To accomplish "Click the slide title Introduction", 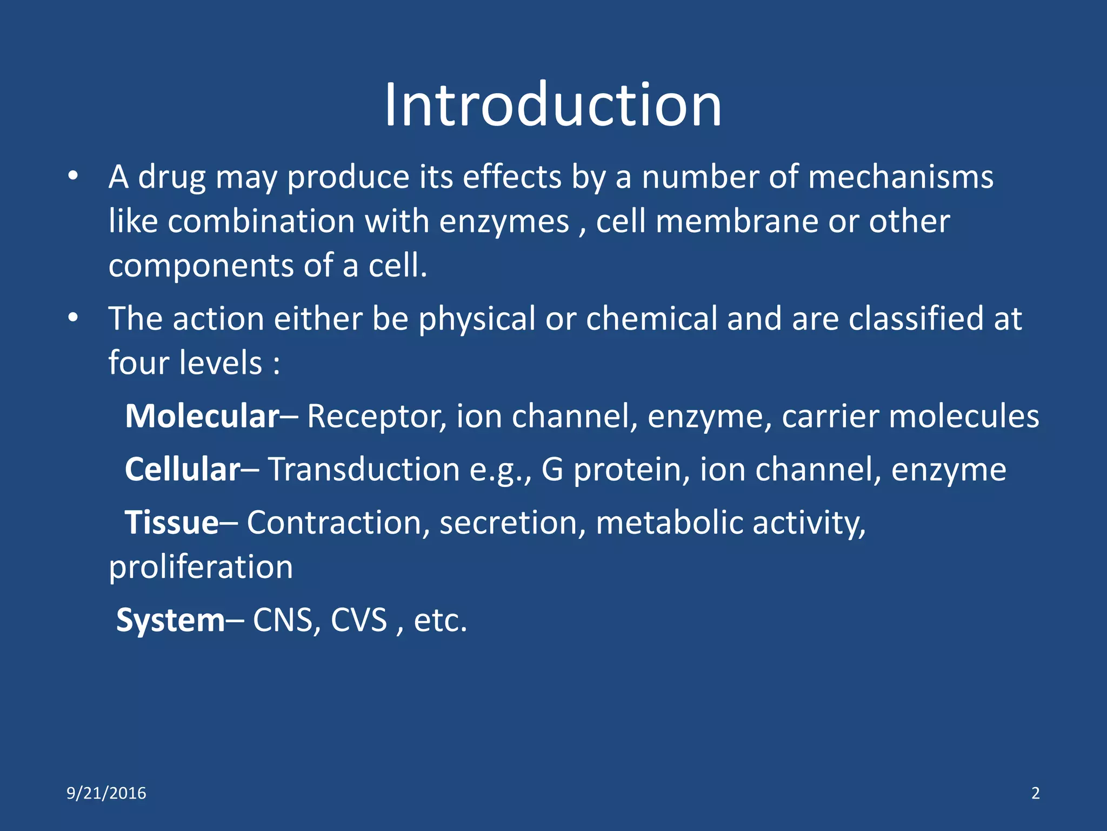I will [553, 105].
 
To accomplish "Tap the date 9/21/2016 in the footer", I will [106, 793].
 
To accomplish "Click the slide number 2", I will [1035, 793].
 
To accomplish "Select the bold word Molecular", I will [202, 416].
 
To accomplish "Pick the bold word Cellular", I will [183, 469].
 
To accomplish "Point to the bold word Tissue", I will [172, 523].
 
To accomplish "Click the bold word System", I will [170, 620].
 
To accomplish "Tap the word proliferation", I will [201, 567].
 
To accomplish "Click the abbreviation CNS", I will [282, 620].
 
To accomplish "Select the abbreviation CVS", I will [359, 620].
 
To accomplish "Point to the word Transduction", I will [364, 469].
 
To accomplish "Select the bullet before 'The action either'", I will [74, 318].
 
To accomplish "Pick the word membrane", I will [736, 221].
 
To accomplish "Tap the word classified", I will [916, 318].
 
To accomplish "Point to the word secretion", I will [512, 523].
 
